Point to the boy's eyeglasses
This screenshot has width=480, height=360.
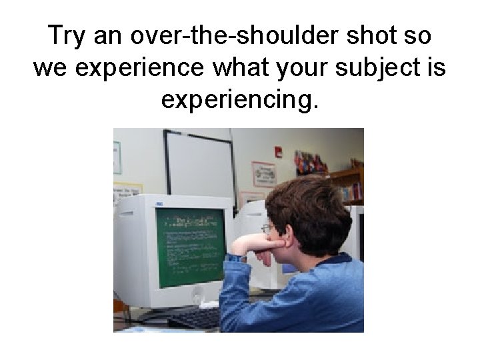(x=267, y=229)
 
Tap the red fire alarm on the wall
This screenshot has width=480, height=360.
(x=278, y=152)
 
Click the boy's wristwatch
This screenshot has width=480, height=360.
(x=235, y=257)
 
